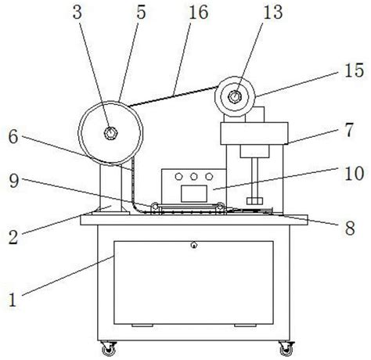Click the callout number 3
(77, 13)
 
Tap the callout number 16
(199, 13)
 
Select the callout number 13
(273, 13)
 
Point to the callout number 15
(354, 70)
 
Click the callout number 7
(349, 130)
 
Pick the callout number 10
(354, 174)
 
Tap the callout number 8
(350, 228)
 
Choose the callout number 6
(13, 137)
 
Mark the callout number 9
(14, 181)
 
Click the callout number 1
(12, 300)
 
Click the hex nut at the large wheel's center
(110, 133)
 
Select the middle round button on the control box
(193, 177)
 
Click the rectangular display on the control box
(194, 193)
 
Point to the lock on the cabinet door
(193, 245)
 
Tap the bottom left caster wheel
(109, 348)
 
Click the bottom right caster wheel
(286, 348)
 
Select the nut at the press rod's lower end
(254, 201)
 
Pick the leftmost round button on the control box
(178, 177)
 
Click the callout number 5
(141, 13)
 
